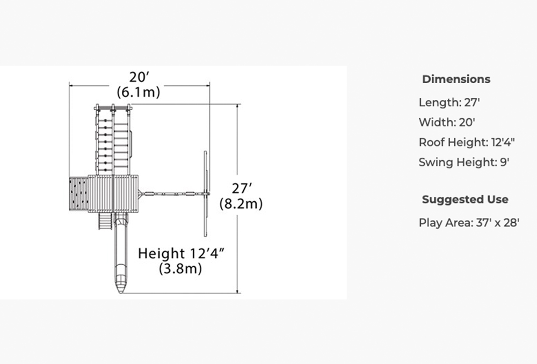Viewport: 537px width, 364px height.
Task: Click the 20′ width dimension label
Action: (x=140, y=77)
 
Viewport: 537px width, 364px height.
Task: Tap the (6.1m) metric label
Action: (x=139, y=92)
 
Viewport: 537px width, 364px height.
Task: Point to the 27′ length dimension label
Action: (x=242, y=188)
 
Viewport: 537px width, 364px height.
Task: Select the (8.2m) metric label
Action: (x=241, y=204)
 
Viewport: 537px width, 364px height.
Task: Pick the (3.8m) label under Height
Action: (x=180, y=269)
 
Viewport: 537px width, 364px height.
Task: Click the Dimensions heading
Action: (x=456, y=79)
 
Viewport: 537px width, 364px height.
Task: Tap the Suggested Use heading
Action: (x=465, y=199)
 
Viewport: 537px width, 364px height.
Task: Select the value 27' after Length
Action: (x=472, y=103)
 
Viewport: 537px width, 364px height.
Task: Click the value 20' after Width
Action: (x=467, y=122)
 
